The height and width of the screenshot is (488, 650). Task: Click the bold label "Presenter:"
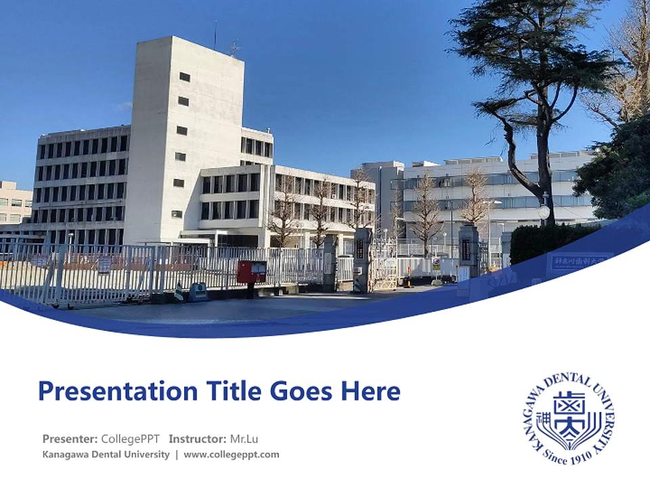[70, 439]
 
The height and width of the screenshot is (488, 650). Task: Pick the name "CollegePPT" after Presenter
[130, 439]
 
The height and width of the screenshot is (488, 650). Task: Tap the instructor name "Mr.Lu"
[244, 439]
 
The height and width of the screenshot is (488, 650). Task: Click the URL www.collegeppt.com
[232, 455]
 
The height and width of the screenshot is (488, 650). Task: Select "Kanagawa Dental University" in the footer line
[106, 455]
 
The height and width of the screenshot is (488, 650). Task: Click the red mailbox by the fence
[251, 272]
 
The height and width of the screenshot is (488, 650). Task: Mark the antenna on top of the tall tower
[234, 47]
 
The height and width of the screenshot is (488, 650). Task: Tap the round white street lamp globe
[544, 212]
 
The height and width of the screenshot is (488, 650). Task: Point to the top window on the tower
[184, 77]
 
